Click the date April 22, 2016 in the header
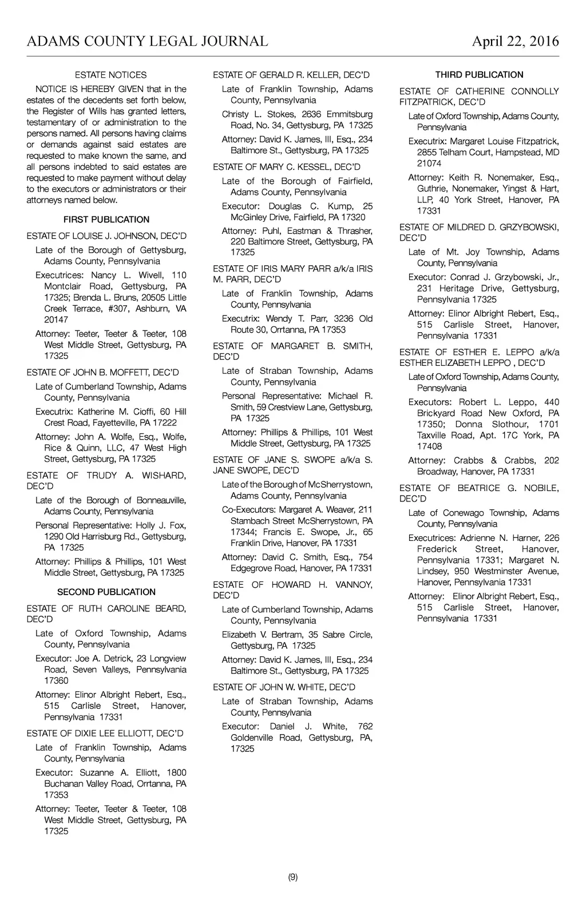(x=515, y=42)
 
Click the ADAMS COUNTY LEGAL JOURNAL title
(x=147, y=42)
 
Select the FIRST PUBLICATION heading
(x=106, y=220)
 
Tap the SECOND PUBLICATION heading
(x=106, y=592)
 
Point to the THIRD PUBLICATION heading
(x=479, y=75)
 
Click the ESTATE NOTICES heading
(x=110, y=75)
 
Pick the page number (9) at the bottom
(x=292, y=877)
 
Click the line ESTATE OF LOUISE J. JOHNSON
(x=106, y=236)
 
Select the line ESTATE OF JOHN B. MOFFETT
(x=102, y=373)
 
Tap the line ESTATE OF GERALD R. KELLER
(x=291, y=75)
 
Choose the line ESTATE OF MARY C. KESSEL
(x=287, y=167)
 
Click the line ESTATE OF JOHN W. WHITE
(x=284, y=687)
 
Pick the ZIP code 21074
(x=429, y=164)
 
